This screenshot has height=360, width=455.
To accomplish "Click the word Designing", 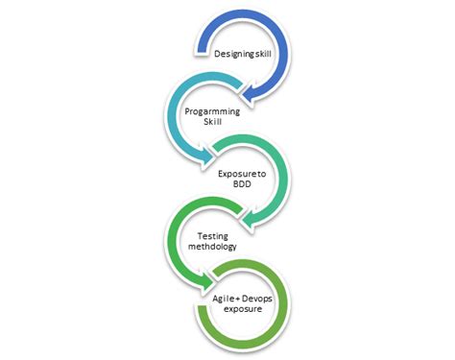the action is click(x=234, y=54).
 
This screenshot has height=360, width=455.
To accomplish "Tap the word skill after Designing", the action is click(x=263, y=54).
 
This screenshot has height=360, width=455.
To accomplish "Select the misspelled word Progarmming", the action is click(x=212, y=111).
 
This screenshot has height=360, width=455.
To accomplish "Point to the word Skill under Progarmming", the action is click(x=212, y=122).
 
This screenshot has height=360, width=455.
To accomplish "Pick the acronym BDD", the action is click(x=242, y=184).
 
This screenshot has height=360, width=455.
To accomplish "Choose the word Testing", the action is click(x=213, y=236).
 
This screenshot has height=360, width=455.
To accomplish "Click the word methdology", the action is click(x=212, y=247).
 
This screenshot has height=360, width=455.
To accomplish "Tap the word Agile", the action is click(x=223, y=300).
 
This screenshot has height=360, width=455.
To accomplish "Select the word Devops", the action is click(x=257, y=299).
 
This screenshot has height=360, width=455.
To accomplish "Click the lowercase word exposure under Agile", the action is click(x=243, y=309).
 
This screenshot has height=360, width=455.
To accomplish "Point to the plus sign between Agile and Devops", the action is click(x=237, y=300).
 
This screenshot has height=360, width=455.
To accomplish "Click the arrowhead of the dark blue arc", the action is click(x=248, y=94).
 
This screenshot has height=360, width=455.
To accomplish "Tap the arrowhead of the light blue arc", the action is click(x=205, y=156).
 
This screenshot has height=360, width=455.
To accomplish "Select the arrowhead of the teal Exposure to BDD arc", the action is click(x=248, y=220).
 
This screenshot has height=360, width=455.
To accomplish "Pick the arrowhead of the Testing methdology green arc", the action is click(x=205, y=281).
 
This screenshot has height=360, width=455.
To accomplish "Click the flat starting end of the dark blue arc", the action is click(x=202, y=47).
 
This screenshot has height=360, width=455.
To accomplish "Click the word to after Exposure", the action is click(x=262, y=174).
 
